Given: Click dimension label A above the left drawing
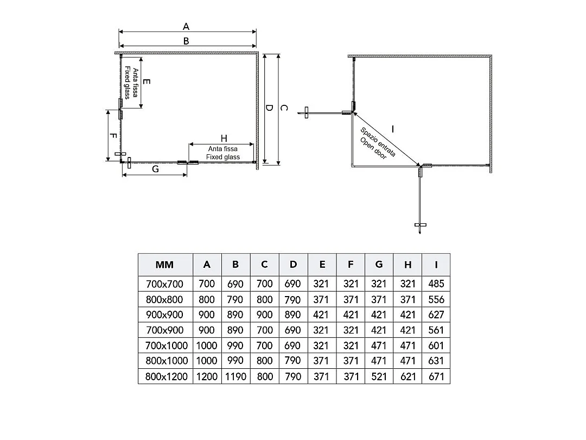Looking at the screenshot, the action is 186,27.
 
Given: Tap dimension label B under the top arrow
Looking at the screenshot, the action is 186,41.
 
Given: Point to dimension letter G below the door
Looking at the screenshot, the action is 156,169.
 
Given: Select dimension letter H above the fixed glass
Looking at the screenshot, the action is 224,139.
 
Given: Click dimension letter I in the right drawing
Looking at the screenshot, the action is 392,129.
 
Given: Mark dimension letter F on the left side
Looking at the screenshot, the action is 113,136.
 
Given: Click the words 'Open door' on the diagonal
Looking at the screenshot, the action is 373,148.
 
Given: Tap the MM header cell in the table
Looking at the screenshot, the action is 164,265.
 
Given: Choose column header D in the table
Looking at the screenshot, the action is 293,265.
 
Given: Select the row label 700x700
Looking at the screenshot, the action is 164,284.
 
